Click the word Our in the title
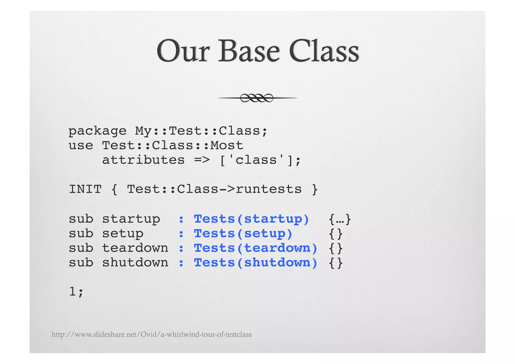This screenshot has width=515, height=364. pos(183,51)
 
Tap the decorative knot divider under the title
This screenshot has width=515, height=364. pos(257,98)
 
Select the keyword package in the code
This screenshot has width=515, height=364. pos(97,131)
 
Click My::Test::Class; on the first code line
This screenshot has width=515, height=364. pos(201,131)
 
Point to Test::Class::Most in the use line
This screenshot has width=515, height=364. pos(173,146)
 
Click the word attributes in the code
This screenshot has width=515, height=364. pos(143,160)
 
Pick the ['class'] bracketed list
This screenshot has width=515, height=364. pos(260,160)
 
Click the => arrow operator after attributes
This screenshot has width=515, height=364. pos(202,160)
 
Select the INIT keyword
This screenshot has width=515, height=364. pos(85,189)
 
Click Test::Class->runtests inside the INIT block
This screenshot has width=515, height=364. pos(214,189)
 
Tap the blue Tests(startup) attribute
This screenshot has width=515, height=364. pos(251,219)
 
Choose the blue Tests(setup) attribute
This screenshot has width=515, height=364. pos(243,233)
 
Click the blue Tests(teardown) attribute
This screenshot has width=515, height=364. pos(255,248)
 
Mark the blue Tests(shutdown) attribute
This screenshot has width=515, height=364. pos(255,263)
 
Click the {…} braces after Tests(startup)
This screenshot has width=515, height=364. pos(340,219)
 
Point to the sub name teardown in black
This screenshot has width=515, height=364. pos(135,248)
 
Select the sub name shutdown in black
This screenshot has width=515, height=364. pos(135,263)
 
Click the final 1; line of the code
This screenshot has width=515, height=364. pos(76,292)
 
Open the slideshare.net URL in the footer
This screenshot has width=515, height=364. pos(151,335)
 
